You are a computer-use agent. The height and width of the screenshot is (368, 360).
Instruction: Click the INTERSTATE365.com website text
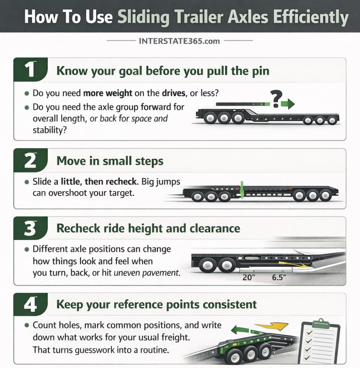coord(179,41)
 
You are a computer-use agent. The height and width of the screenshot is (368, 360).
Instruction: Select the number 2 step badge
coord(31,161)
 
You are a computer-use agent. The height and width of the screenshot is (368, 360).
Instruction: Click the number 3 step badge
coord(31,229)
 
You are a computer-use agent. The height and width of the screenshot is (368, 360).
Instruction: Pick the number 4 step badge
coord(31,304)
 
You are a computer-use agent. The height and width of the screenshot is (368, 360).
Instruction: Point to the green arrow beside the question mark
coord(287,105)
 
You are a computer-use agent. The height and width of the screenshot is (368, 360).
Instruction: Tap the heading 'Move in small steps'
coord(110,161)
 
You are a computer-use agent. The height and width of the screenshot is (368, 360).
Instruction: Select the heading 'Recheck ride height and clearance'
coord(148,229)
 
